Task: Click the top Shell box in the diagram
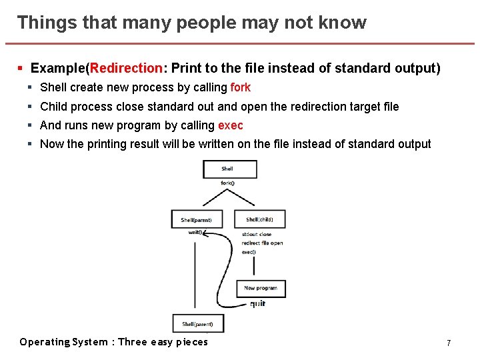click(x=229, y=169)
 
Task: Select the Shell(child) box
click(x=259, y=219)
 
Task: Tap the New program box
click(x=261, y=288)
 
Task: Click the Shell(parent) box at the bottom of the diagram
click(x=198, y=324)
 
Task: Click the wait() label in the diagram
click(x=195, y=233)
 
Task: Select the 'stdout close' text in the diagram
click(x=257, y=235)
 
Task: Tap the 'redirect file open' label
click(x=262, y=243)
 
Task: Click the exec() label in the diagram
click(x=249, y=252)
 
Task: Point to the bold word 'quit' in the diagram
click(x=257, y=304)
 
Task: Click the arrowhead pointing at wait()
click(x=205, y=233)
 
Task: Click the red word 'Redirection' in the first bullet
click(x=127, y=68)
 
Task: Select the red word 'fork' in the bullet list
click(x=240, y=87)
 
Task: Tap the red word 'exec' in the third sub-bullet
click(x=231, y=125)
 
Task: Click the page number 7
click(x=449, y=343)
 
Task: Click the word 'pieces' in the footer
click(x=192, y=342)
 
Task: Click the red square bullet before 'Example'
click(x=21, y=68)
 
